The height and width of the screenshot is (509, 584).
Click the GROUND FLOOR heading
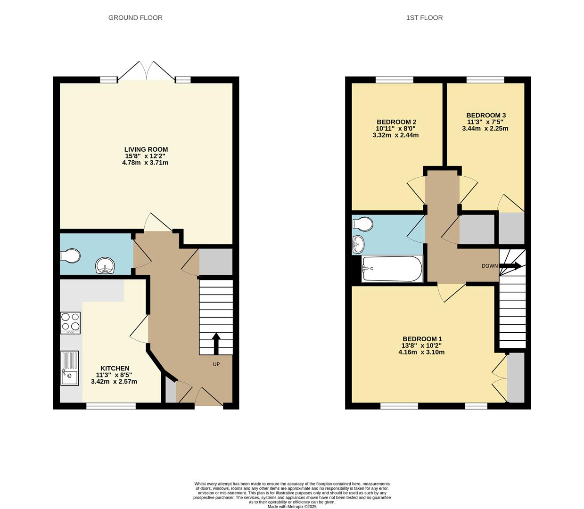pos(135,18)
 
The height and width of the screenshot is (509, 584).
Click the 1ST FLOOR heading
pos(424,18)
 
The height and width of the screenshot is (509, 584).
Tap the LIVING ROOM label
pos(146,149)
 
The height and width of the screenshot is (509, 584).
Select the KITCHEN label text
pos(115,368)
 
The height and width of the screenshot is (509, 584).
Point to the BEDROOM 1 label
pos(422,339)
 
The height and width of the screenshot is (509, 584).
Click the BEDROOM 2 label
pos(396,122)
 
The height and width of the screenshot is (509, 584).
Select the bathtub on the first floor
pos(392,269)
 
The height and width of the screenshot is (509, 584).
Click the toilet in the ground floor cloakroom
pos(70,256)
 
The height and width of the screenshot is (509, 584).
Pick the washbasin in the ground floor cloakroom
pos(105,265)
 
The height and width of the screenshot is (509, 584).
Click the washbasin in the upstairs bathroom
pos(358,244)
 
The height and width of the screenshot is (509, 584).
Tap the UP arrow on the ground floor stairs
pos(216,343)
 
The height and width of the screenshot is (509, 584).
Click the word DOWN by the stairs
pos(489,266)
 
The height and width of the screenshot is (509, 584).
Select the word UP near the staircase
pos(216,364)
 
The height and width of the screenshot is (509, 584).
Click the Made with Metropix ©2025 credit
pos(292,507)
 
